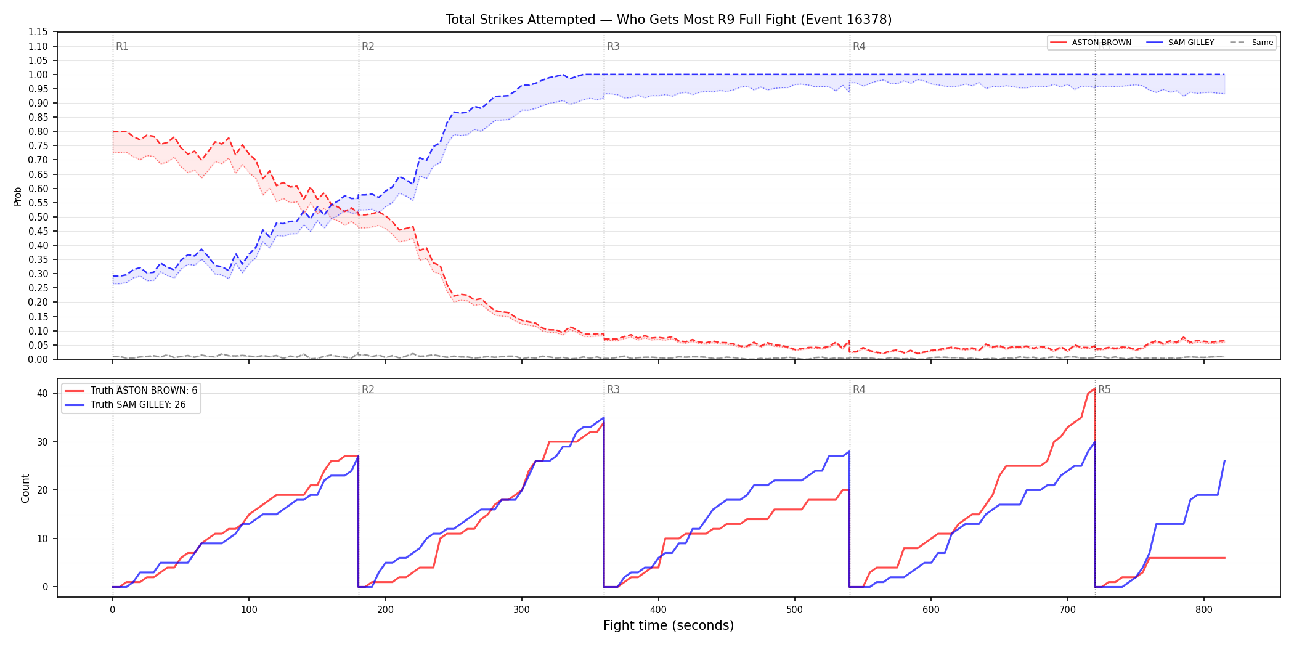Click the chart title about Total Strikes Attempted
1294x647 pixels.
pyautogui.click(x=669, y=20)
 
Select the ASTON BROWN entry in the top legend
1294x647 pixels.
pyautogui.click(x=1091, y=43)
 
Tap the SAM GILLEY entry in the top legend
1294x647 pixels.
pyautogui.click(x=1181, y=43)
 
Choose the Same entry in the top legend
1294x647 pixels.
pyautogui.click(x=1251, y=43)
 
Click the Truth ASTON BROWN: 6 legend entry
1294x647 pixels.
pyautogui.click(x=131, y=391)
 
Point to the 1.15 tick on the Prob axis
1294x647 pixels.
pyautogui.click(x=38, y=32)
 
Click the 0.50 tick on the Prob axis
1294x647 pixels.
pyautogui.click(x=38, y=217)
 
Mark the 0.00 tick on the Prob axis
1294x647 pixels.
pyautogui.click(x=38, y=359)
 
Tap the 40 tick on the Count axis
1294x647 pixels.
pyautogui.click(x=43, y=393)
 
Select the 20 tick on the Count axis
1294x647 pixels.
pyautogui.click(x=43, y=490)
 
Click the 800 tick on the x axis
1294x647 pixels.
pyautogui.click(x=1204, y=610)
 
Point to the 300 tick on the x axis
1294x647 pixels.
pyautogui.click(x=522, y=610)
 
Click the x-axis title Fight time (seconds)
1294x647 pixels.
pyautogui.click(x=669, y=626)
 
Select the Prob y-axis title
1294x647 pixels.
pyautogui.click(x=18, y=196)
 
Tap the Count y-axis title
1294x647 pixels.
pyautogui.click(x=25, y=488)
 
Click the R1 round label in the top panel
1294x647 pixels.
pyautogui.click(x=122, y=46)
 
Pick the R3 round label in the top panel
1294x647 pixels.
pyautogui.click(x=613, y=46)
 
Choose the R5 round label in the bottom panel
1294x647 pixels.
pyautogui.click(x=1104, y=389)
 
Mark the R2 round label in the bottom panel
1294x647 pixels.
pyautogui.click(x=368, y=389)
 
